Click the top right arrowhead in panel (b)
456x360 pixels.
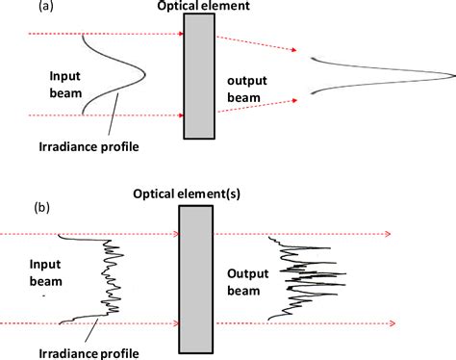(388, 233)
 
